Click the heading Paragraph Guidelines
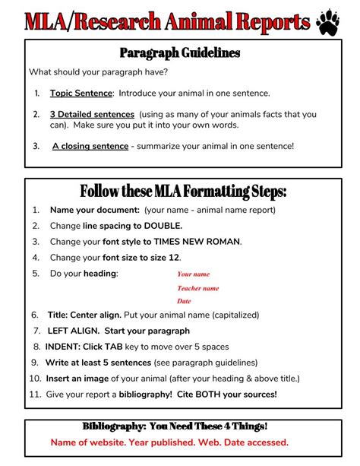click(180, 52)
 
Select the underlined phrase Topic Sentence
click(81, 94)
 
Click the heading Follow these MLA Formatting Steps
click(183, 190)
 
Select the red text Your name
click(193, 274)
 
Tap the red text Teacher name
click(197, 288)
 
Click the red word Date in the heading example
click(184, 301)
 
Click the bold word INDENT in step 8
click(63, 346)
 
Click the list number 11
click(35, 394)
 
